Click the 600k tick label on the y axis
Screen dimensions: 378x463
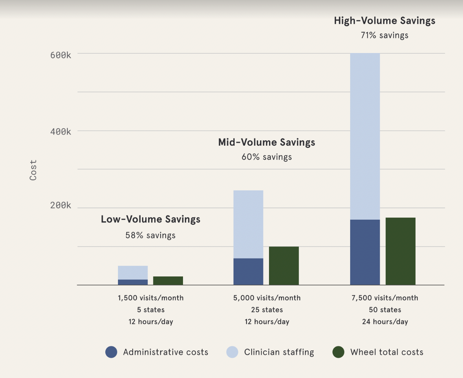click(x=61, y=55)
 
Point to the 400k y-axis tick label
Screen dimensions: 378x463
click(x=61, y=132)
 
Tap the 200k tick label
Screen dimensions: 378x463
click(x=61, y=205)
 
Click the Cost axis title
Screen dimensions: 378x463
click(x=33, y=170)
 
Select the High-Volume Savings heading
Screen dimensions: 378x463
click(x=385, y=21)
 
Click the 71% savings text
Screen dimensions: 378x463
click(x=385, y=35)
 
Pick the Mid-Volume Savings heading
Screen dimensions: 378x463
click(x=267, y=142)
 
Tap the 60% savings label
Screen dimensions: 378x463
click(x=267, y=157)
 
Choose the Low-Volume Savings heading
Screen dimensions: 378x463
click(x=150, y=219)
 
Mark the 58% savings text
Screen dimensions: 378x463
click(x=150, y=235)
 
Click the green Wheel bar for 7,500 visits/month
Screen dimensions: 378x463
click(x=400, y=251)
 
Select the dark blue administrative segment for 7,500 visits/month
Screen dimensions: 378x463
click(x=365, y=252)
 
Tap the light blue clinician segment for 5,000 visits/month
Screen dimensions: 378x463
click(x=248, y=224)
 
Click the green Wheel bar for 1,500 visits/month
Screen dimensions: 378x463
click(x=168, y=281)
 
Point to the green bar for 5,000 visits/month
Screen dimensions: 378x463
click(x=284, y=266)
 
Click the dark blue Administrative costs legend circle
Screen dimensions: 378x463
click(x=111, y=352)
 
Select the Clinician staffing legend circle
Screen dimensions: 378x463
click(x=232, y=352)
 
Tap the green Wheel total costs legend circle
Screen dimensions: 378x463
click(x=338, y=352)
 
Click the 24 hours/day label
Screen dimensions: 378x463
click(x=385, y=322)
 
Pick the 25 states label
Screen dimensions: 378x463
click(x=267, y=310)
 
